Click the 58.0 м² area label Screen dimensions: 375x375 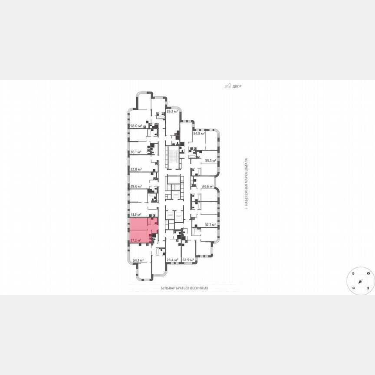click(x=137, y=126)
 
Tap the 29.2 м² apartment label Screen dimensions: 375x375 click(x=173, y=111)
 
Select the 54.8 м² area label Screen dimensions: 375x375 click(x=199, y=134)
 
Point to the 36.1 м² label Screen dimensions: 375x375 click(x=137, y=152)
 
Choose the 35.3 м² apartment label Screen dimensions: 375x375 click(x=211, y=161)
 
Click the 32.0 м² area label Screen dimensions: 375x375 click(x=137, y=169)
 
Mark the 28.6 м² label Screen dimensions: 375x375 click(x=137, y=186)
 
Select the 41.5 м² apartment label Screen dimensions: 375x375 click(x=137, y=214)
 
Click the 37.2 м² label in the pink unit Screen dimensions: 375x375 click(x=136, y=240)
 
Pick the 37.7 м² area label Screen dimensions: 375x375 click(x=211, y=225)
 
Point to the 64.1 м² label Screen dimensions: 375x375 click(x=138, y=260)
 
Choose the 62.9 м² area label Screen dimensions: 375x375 click(x=188, y=260)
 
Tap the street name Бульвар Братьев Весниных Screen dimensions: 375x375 click(x=184, y=288)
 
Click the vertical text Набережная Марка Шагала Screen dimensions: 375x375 click(x=246, y=183)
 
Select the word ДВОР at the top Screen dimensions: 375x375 click(x=237, y=86)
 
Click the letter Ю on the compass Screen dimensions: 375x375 click(x=368, y=273)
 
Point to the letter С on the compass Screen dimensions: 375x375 click(x=354, y=288)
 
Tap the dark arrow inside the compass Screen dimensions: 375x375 click(x=360, y=281)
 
